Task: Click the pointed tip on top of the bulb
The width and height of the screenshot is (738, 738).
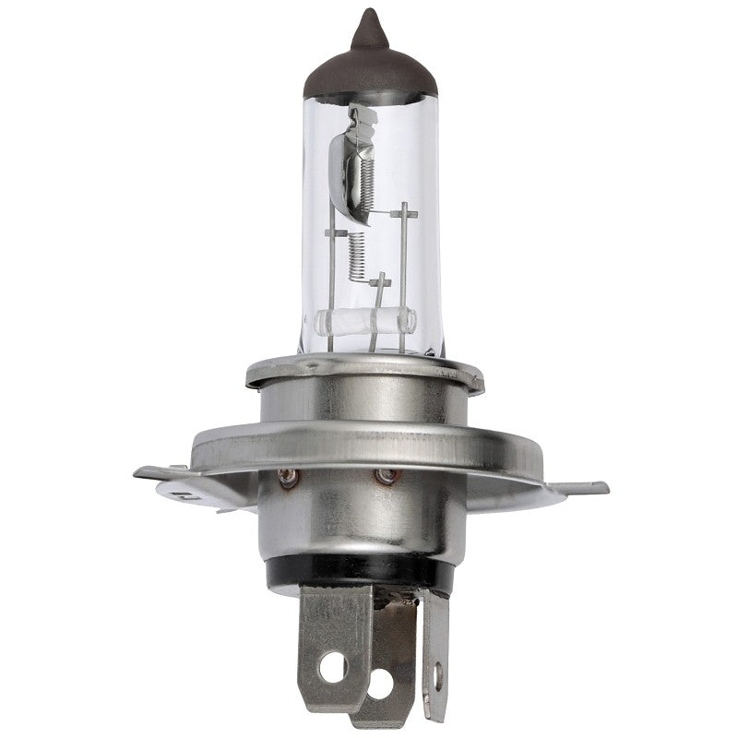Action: [368, 18]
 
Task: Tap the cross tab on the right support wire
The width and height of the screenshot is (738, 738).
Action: [404, 214]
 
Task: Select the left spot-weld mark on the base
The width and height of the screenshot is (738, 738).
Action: [288, 477]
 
